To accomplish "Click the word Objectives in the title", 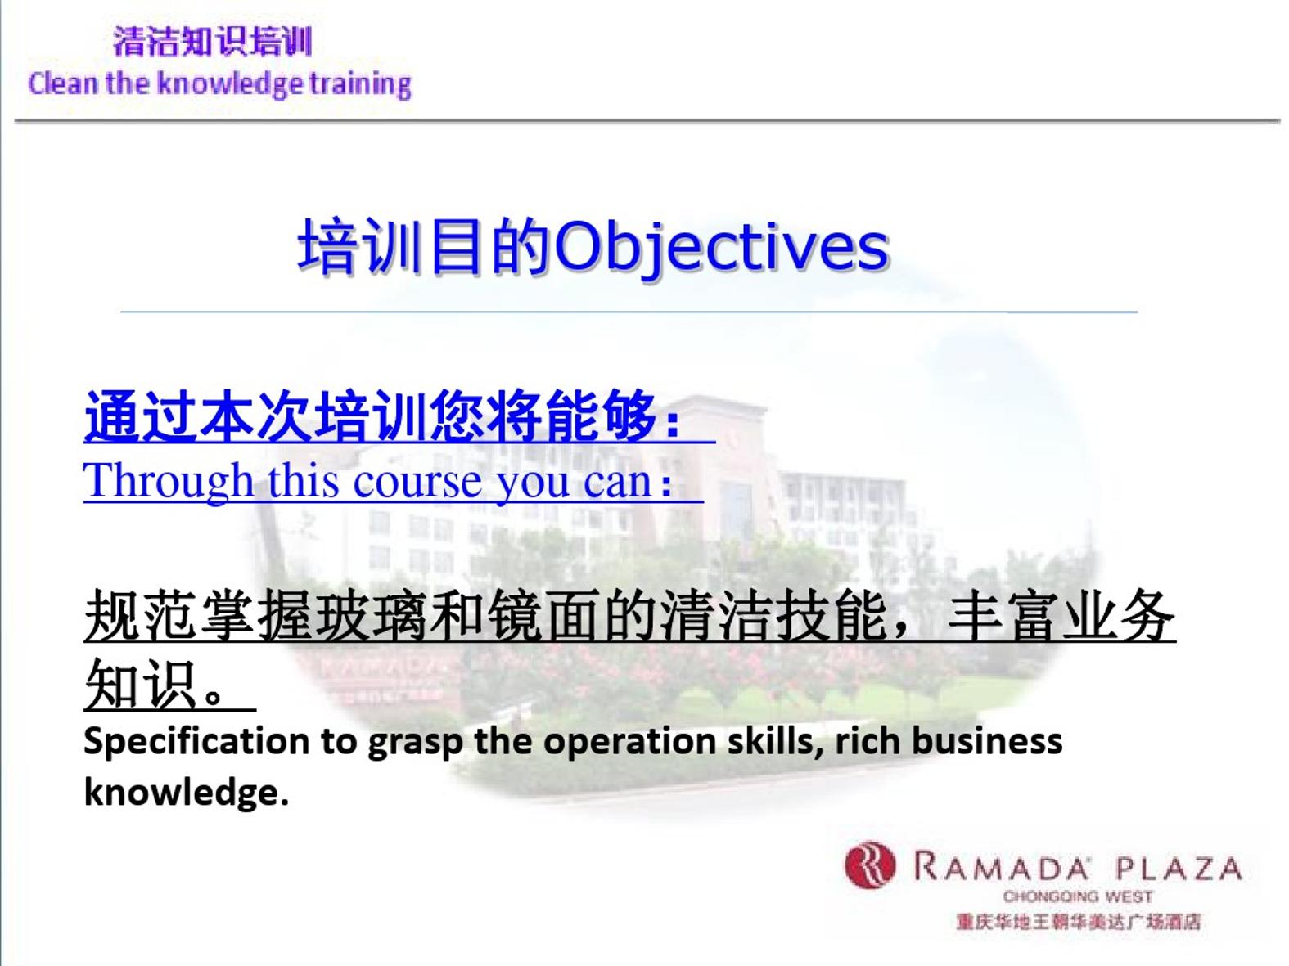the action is pos(721,246).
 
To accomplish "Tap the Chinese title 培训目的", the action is pos(425,246).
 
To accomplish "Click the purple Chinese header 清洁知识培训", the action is pos(212,42).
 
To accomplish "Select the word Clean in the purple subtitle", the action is pos(63,83).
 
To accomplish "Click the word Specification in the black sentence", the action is pos(196,741).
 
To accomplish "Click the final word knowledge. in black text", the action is pos(186,793).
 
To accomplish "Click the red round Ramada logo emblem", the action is pos(870,865).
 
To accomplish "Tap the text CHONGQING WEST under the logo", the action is pos(1078,896).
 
